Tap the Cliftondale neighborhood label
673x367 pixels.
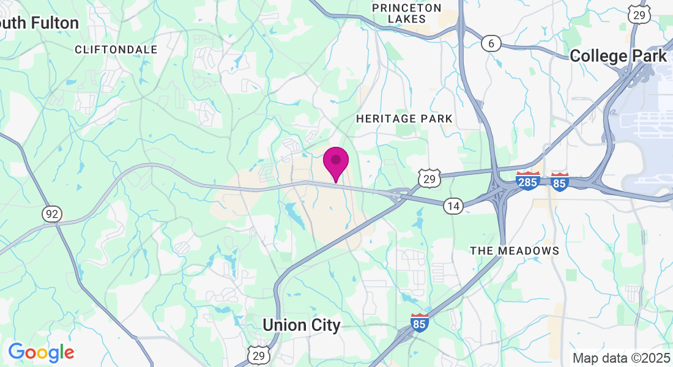(x=116, y=50)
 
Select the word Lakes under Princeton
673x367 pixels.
(x=407, y=20)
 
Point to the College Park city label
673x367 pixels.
(x=618, y=56)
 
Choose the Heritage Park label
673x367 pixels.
(x=404, y=119)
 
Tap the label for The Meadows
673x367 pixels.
(x=515, y=251)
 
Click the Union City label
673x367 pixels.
(x=301, y=325)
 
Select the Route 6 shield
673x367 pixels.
(x=491, y=43)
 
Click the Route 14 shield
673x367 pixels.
(x=453, y=206)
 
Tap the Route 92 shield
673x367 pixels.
(x=52, y=213)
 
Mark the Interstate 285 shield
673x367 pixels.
(x=528, y=181)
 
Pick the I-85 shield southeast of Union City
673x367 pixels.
(x=419, y=322)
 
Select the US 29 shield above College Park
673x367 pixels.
(x=639, y=15)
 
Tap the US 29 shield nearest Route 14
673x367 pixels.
(x=429, y=178)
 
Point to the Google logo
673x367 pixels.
(x=41, y=352)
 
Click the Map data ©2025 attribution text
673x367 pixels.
(x=620, y=358)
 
